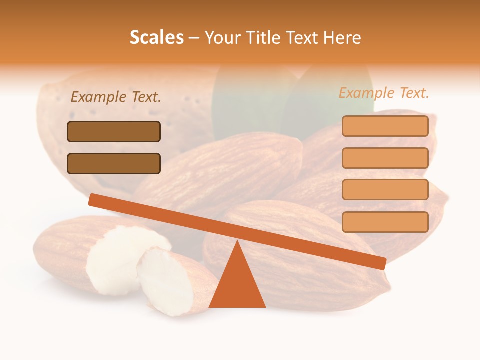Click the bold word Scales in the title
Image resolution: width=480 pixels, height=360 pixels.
[x=156, y=37]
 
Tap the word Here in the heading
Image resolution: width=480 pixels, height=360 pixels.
[x=342, y=37]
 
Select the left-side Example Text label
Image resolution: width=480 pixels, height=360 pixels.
[x=116, y=97]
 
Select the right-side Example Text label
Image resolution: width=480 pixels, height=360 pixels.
[x=384, y=93]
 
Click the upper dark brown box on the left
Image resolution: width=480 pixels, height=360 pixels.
[x=114, y=131]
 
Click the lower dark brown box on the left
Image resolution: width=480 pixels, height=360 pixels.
[x=114, y=163]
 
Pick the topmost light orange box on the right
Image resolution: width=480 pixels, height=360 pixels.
[x=385, y=126]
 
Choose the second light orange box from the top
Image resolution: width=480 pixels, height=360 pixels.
[x=385, y=158]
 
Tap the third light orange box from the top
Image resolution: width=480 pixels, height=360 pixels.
[x=385, y=189]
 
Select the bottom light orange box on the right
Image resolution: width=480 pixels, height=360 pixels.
[x=385, y=222]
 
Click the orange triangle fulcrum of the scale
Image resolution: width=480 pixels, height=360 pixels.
[x=237, y=282]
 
